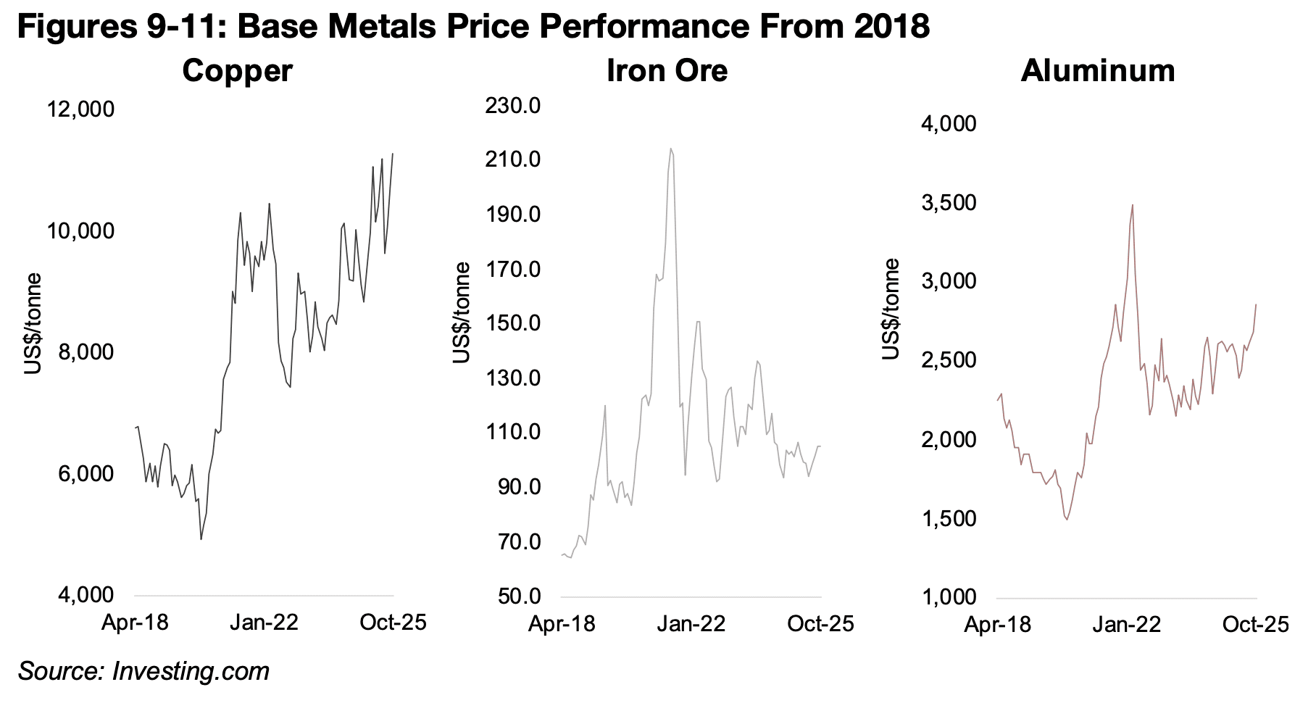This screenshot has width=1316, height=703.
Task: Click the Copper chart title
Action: [237, 71]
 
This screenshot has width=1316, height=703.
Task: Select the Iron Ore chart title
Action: [667, 71]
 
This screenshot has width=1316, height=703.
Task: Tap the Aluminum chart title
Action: [1097, 71]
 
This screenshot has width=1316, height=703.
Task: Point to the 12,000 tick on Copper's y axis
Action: [80, 110]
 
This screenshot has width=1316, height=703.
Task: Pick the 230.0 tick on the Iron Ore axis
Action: [514, 106]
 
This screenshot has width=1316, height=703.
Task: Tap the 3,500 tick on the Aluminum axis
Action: [949, 202]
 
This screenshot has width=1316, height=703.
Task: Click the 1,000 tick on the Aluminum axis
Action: [949, 597]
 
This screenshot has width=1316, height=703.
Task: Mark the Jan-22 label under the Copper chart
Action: [265, 623]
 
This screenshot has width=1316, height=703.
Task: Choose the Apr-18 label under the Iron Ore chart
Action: [562, 624]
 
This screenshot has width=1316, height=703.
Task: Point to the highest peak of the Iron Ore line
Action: [670, 149]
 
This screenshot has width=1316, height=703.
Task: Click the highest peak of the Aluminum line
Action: [1132, 205]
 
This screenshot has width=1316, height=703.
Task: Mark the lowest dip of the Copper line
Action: [201, 539]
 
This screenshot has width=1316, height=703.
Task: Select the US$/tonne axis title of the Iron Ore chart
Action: [461, 313]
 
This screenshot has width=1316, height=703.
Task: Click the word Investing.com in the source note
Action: [191, 671]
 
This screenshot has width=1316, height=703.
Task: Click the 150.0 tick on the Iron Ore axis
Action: [514, 323]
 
